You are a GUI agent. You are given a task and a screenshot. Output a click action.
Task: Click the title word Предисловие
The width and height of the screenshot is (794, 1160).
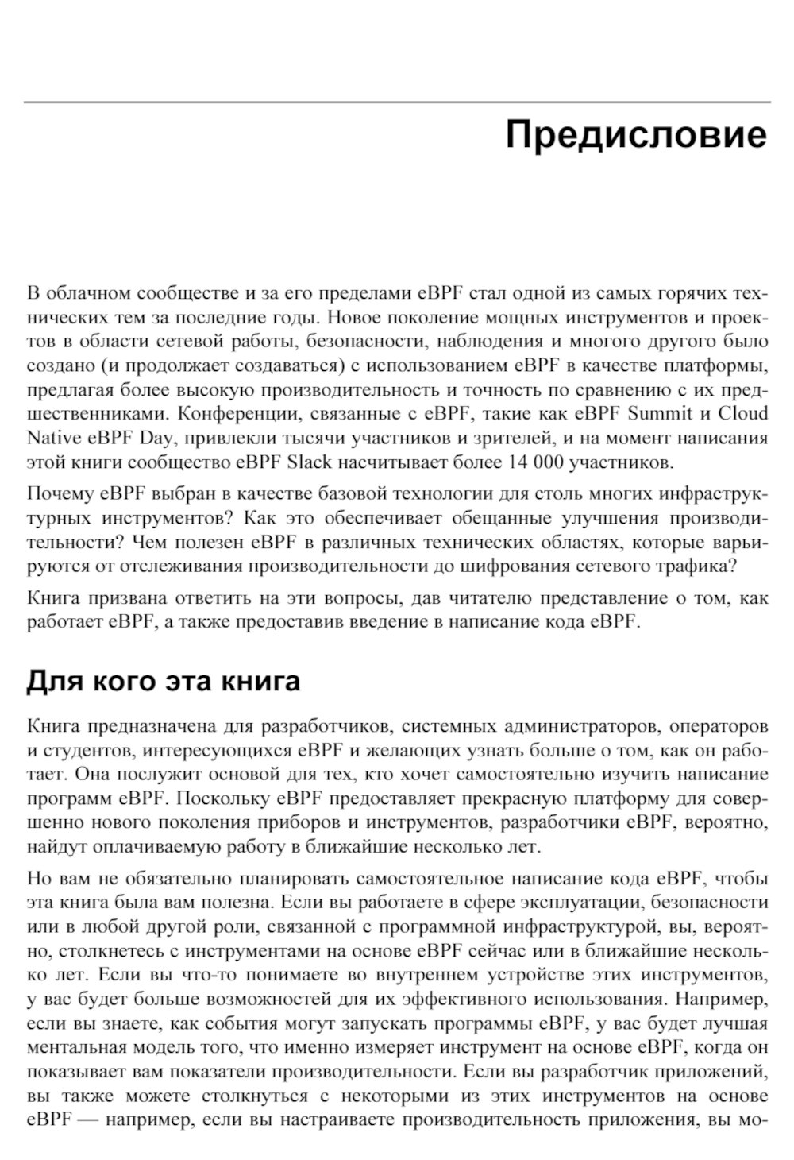click(x=636, y=136)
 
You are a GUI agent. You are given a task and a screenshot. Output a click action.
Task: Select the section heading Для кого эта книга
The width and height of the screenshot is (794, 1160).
click(x=164, y=682)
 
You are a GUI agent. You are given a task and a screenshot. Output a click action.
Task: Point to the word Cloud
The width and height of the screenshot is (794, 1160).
click(x=743, y=413)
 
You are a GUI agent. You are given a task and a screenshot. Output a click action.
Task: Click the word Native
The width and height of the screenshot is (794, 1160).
click(x=50, y=437)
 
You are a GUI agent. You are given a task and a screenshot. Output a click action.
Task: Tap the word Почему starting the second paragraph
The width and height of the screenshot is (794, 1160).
click(x=60, y=495)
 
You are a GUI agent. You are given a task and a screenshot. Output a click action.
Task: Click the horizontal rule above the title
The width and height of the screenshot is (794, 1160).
click(x=397, y=102)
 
